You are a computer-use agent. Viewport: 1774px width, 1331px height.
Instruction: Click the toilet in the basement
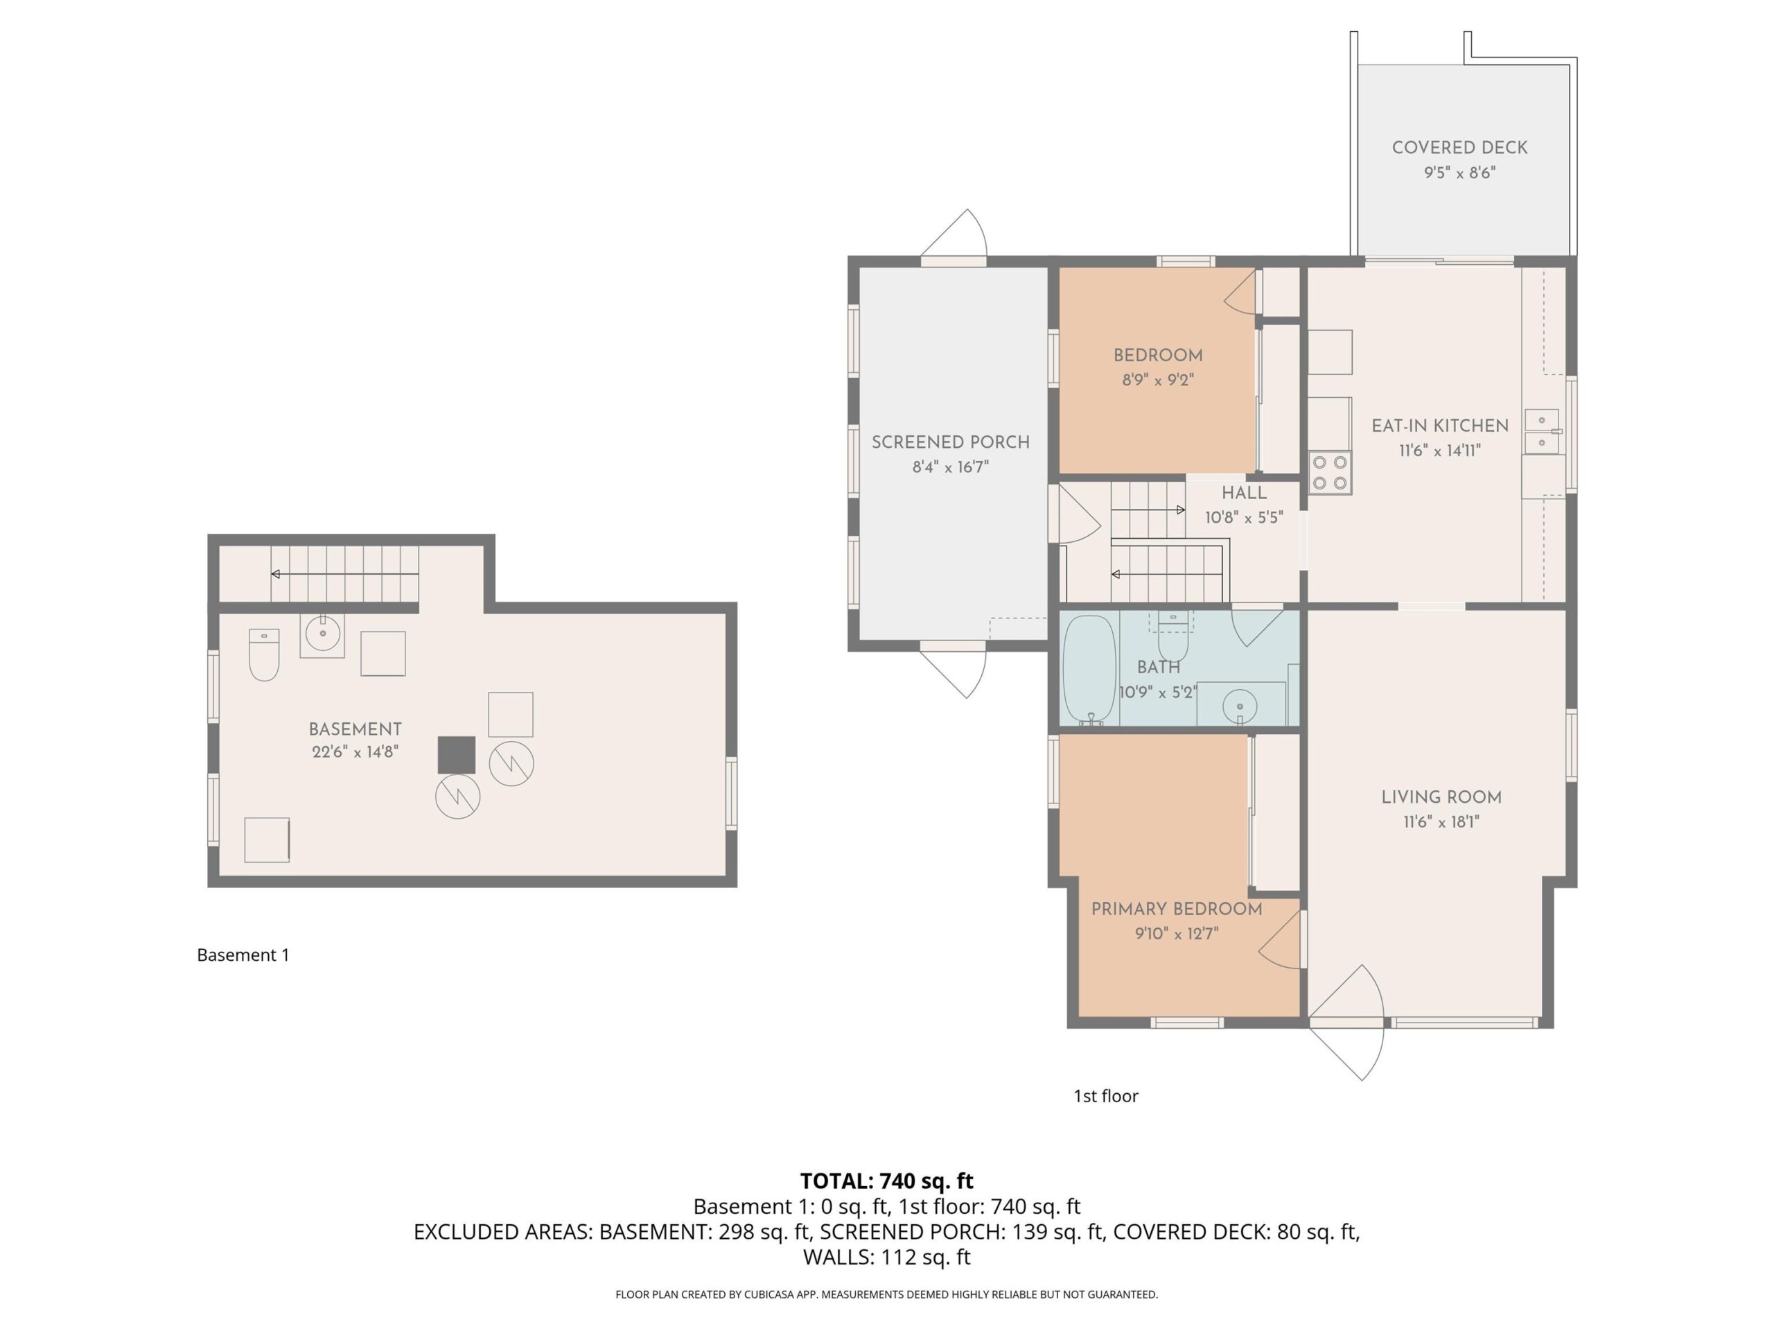[x=264, y=654]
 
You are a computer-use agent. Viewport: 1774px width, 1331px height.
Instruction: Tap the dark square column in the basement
[x=457, y=755]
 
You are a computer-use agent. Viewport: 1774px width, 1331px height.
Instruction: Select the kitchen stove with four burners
[x=1330, y=473]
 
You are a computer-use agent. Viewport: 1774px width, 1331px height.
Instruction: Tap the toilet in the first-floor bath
[x=1173, y=637]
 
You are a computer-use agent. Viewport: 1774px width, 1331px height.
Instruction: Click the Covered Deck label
[x=1459, y=148]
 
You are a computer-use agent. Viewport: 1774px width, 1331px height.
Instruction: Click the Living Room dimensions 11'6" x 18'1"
[x=1441, y=821]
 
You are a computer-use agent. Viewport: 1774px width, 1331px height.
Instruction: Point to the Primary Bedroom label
[x=1177, y=909]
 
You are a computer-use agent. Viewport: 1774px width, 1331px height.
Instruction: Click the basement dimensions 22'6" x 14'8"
[x=355, y=751]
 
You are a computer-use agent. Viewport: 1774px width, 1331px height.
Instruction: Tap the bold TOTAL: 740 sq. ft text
[x=887, y=1181]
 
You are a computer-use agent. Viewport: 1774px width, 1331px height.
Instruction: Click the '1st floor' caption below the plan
[x=1106, y=1096]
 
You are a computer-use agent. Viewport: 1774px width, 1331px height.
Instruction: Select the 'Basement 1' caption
[x=243, y=955]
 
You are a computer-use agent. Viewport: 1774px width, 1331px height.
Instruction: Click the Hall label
[x=1244, y=493]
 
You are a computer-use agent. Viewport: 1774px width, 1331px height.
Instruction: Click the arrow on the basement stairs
[x=345, y=573]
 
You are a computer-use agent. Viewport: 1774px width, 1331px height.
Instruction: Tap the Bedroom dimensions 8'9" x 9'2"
[x=1158, y=379]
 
